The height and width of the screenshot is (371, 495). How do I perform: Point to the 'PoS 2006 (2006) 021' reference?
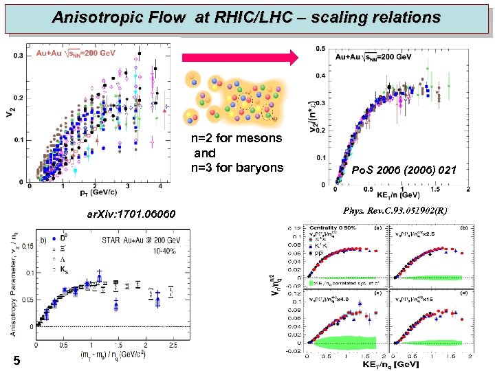[x=403, y=170]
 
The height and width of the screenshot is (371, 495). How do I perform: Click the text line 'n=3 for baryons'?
[x=237, y=167]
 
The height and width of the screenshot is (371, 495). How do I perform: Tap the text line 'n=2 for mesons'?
[x=236, y=138]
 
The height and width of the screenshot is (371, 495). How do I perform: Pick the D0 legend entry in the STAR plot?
[x=70, y=238]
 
